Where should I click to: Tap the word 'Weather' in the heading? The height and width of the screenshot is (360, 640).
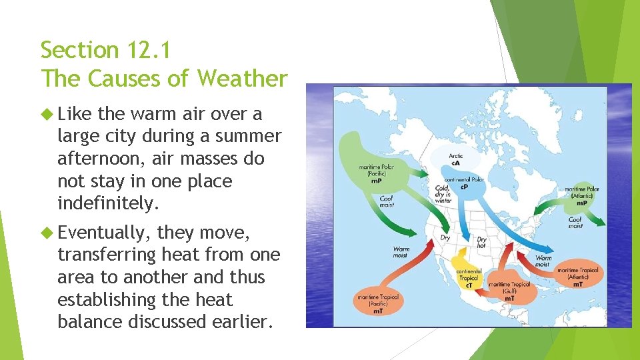[x=242, y=79]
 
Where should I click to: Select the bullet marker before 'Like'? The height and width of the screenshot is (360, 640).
[x=47, y=114]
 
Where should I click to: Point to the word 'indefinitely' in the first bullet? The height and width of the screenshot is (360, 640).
[x=108, y=203]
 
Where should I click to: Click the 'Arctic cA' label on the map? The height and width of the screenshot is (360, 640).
[x=456, y=160]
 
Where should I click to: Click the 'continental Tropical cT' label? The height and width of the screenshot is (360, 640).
[x=469, y=277]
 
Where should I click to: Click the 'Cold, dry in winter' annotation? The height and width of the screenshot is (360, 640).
[x=443, y=194]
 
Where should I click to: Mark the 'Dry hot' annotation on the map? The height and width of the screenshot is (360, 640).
[x=481, y=242]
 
